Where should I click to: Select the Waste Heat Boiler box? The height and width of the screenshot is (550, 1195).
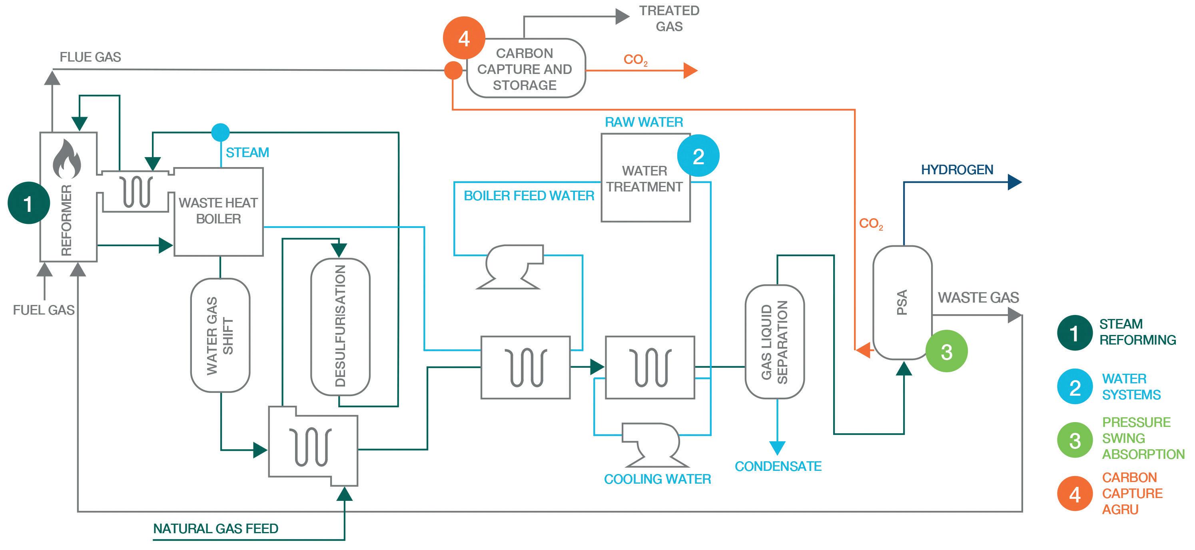pyautogui.click(x=219, y=211)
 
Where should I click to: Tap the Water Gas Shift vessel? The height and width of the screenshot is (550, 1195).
pyautogui.click(x=220, y=335)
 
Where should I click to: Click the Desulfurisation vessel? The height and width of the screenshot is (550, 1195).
pyautogui.click(x=340, y=327)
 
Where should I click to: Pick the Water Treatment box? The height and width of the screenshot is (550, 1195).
pyautogui.click(x=645, y=179)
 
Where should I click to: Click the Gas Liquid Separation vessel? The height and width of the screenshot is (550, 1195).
pyautogui.click(x=774, y=342)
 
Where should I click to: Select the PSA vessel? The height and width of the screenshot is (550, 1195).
pyautogui.click(x=902, y=302)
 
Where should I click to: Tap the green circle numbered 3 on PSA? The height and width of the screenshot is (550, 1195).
pyautogui.click(x=946, y=351)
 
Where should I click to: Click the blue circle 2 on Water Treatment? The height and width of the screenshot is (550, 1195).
pyautogui.click(x=698, y=156)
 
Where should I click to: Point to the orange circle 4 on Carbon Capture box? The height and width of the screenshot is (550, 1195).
pyautogui.click(x=464, y=38)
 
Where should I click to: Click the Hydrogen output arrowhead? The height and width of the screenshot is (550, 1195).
pyautogui.click(x=1015, y=182)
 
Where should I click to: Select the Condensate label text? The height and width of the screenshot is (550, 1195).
pyautogui.click(x=778, y=466)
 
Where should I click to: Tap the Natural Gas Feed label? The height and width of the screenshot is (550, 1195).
pyautogui.click(x=216, y=529)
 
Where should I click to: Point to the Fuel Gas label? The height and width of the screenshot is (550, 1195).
pyautogui.click(x=44, y=310)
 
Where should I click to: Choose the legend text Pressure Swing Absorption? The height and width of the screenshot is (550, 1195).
pyautogui.click(x=1143, y=438)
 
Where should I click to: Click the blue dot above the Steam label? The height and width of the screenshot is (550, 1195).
pyautogui.click(x=220, y=132)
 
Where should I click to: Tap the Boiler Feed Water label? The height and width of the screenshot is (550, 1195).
pyautogui.click(x=529, y=196)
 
